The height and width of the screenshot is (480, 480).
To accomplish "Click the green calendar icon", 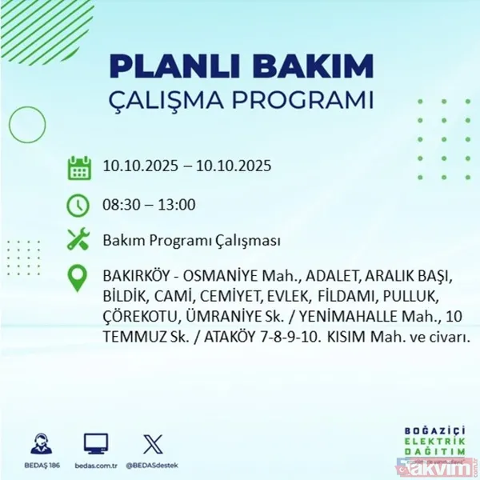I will (x=78, y=168).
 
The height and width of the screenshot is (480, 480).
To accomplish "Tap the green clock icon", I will (x=78, y=204).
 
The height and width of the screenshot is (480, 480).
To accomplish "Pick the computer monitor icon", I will (x=95, y=442).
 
